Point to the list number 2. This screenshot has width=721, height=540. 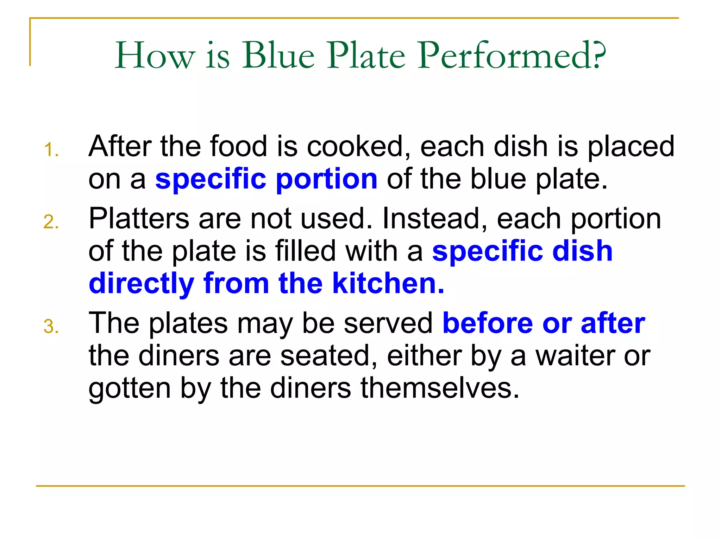click(x=51, y=222)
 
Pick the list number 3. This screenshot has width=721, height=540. click(x=51, y=327)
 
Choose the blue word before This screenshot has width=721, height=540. click(x=488, y=323)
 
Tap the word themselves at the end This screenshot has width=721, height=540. click(x=440, y=388)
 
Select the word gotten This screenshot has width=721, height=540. click(x=130, y=389)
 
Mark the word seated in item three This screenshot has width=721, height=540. click(x=329, y=356)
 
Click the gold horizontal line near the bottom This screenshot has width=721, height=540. click(x=360, y=486)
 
